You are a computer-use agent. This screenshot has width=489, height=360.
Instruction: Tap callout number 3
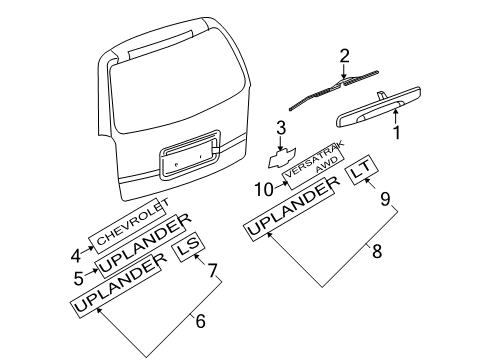281,127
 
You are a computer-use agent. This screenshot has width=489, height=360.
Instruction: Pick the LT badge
362,177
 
